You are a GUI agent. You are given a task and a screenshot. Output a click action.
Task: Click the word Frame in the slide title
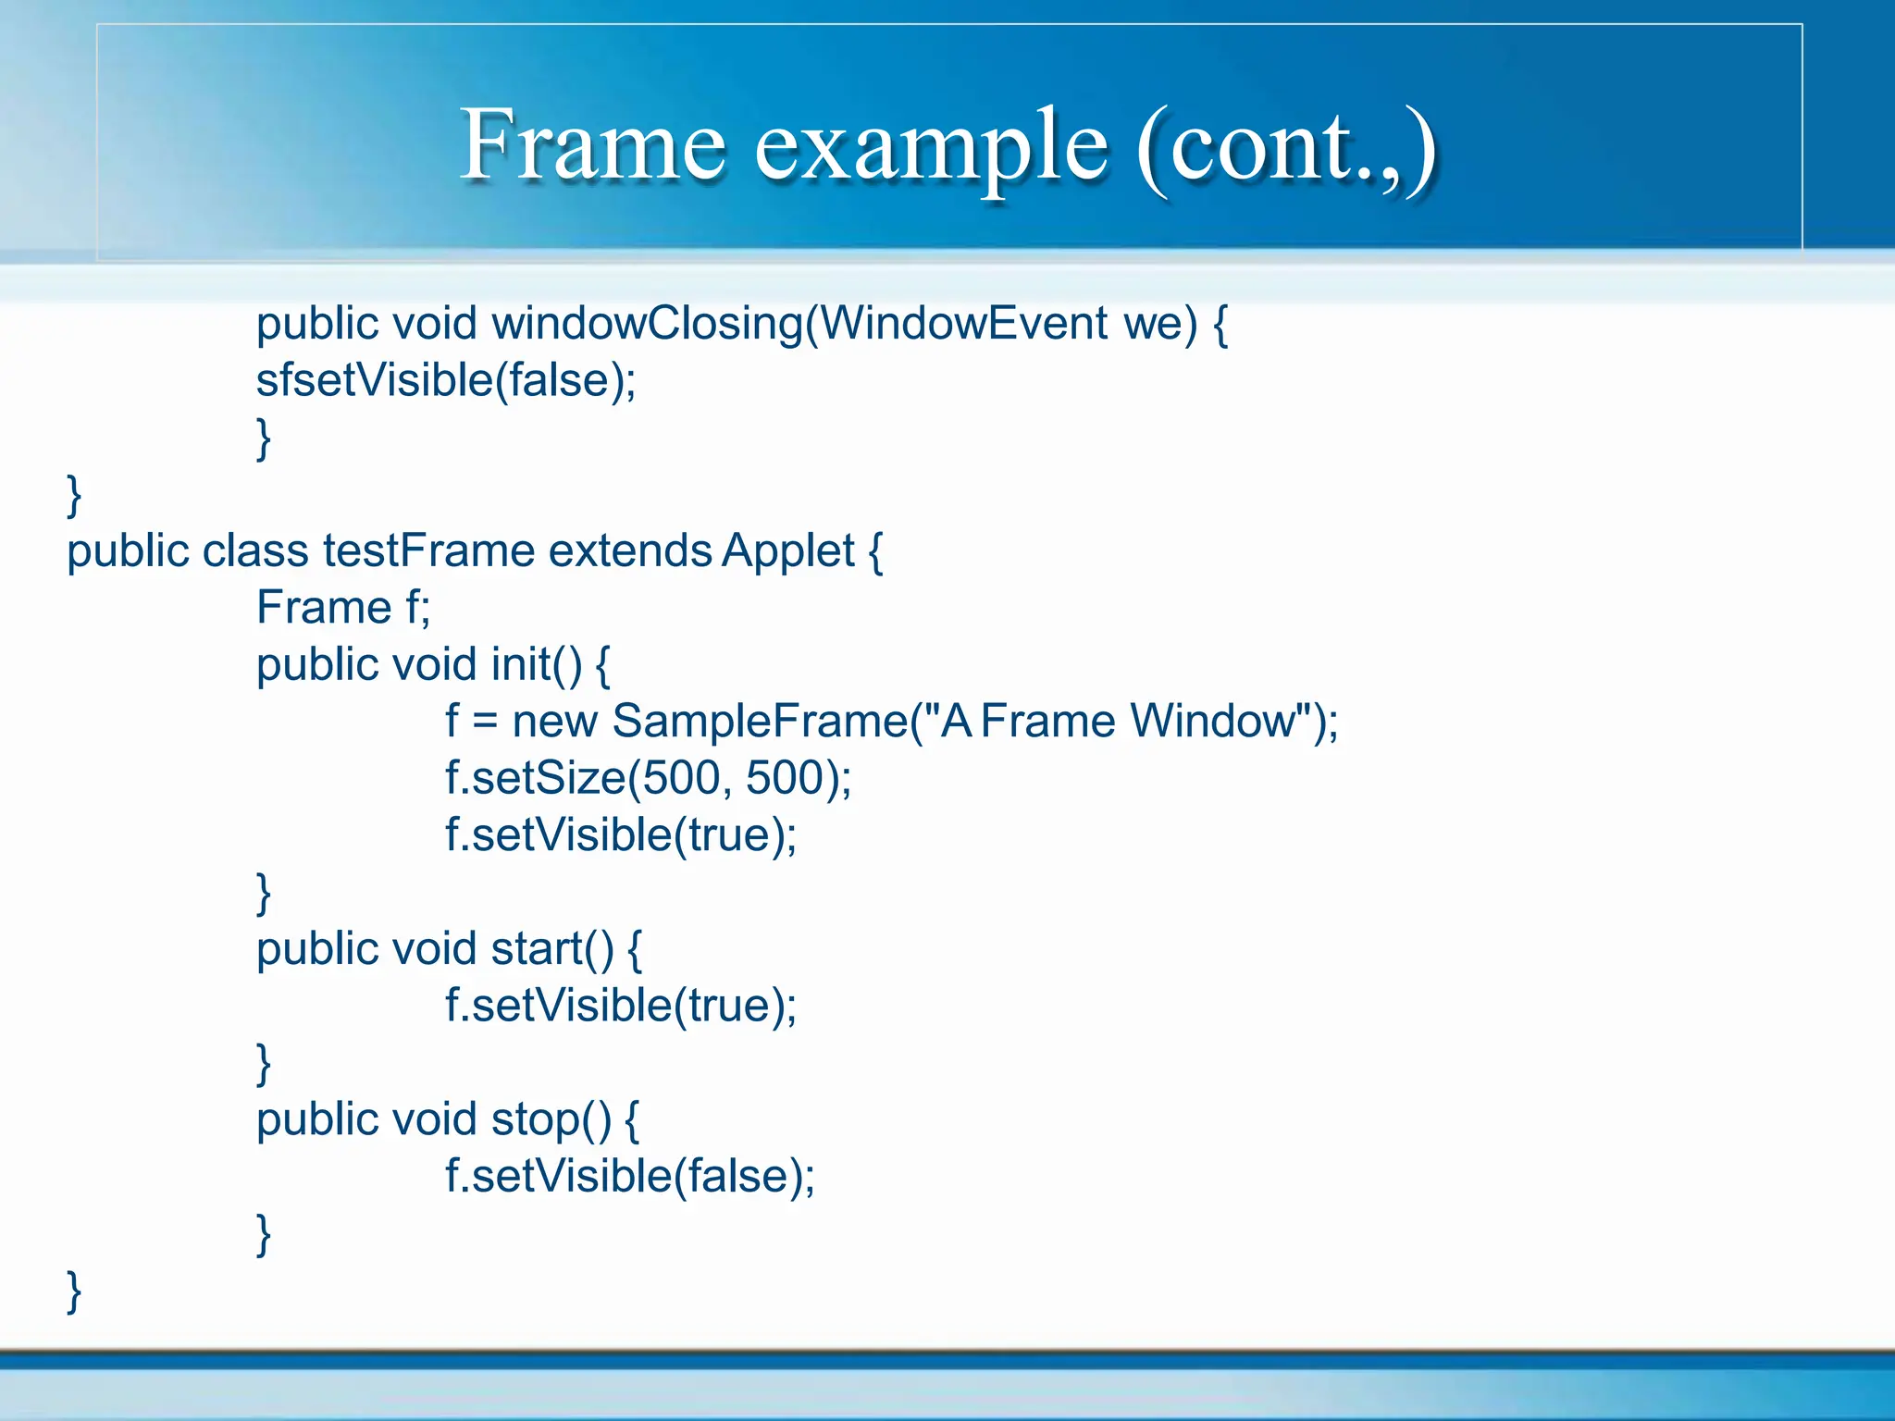592,145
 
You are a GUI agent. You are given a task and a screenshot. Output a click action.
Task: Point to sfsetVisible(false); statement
446,380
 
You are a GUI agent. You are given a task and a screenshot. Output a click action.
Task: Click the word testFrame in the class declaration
428,551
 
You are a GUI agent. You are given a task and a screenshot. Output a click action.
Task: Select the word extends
629,551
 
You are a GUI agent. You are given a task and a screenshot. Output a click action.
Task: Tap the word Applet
788,552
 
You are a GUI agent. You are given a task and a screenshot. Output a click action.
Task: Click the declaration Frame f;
343,608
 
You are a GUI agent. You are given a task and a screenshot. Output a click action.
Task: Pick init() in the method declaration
537,665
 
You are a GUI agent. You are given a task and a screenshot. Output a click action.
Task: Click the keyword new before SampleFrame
554,722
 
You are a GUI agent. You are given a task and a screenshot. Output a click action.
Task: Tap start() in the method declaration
552,949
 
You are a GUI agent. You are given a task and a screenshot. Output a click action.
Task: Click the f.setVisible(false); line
629,1177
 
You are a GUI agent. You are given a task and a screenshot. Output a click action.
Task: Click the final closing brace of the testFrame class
74,1291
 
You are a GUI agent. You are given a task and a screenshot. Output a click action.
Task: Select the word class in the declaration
255,551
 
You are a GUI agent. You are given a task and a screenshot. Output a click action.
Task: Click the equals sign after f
485,723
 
